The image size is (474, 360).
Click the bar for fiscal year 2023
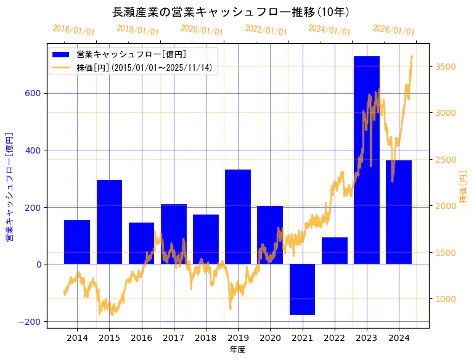point(366,160)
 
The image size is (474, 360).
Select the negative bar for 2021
point(302,289)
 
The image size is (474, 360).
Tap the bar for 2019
point(238,216)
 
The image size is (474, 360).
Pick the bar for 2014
point(77,242)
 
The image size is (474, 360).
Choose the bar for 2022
point(334,250)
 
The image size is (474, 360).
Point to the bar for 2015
point(109,222)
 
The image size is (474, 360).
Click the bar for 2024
point(398,212)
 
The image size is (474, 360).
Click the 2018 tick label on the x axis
point(205,338)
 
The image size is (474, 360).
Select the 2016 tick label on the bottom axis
point(141,338)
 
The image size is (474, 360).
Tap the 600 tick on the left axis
point(33,93)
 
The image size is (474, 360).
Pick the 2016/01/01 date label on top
point(73,30)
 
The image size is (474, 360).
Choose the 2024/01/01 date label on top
point(329,30)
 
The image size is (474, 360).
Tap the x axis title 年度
point(237,350)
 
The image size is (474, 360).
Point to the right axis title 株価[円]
point(464,187)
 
